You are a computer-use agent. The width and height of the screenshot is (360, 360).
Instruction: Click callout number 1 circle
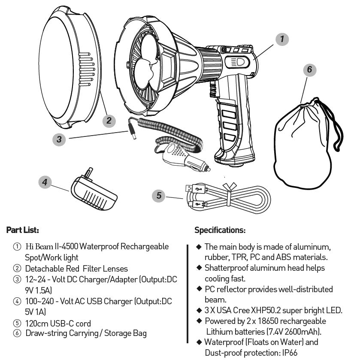(281, 39)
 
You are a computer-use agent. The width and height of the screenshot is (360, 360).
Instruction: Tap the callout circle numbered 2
(109, 121)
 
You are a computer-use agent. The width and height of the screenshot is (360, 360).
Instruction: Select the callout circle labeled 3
(59, 139)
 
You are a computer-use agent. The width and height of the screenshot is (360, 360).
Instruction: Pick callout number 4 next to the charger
(45, 182)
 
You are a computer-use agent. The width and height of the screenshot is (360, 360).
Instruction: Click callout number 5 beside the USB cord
(159, 196)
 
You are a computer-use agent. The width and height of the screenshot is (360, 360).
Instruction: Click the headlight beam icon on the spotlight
(238, 61)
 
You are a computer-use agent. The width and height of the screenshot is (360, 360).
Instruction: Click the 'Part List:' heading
(22, 230)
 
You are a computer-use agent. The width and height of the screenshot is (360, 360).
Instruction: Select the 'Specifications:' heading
(220, 230)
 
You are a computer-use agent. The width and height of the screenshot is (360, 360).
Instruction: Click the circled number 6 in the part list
(17, 333)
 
